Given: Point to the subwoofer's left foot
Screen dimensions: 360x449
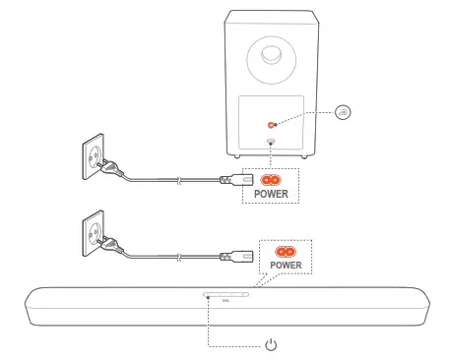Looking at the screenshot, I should [x=234, y=155].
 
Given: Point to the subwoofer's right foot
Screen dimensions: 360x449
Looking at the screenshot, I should [x=312, y=155].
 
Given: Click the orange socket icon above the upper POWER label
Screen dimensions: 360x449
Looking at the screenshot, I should [x=270, y=181].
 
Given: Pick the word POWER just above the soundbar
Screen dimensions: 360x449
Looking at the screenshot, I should [x=286, y=267].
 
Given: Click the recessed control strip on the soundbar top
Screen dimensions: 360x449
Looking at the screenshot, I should [x=225, y=294].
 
